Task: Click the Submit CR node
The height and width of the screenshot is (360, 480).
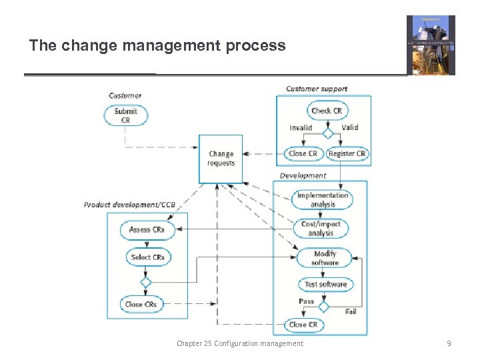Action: pos(126,115)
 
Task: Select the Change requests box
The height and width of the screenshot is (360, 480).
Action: pos(221,159)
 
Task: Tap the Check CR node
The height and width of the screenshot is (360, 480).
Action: pos(326,111)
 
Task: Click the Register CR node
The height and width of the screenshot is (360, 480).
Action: pos(347,153)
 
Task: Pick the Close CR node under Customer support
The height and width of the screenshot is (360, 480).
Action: pos(303,153)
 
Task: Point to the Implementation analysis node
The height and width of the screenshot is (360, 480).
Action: pos(323,199)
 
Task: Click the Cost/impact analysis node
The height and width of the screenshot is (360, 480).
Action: pos(321,229)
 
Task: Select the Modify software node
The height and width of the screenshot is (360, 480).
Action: pos(325,258)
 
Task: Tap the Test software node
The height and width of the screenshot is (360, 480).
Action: pos(325,285)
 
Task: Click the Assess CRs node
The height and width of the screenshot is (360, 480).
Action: pos(147,230)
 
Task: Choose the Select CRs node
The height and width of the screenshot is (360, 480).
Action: pos(147,257)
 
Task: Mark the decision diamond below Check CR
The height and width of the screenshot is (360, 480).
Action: pos(327,133)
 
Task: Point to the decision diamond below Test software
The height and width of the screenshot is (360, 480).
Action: pos(323,307)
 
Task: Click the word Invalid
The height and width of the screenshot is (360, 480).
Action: pos(301,127)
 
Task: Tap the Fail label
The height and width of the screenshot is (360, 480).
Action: pos(351,311)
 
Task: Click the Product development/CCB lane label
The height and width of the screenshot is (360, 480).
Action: pos(129,205)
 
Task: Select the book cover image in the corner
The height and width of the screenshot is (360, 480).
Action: pos(431,45)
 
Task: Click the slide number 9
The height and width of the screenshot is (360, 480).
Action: pos(449,343)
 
